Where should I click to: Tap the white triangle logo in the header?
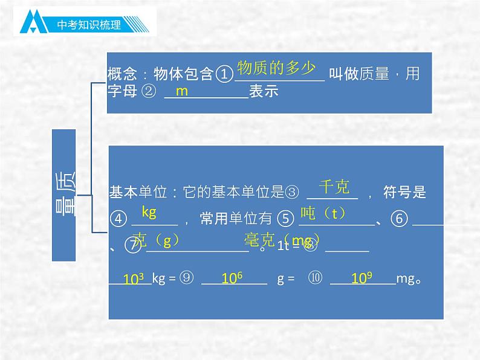(35, 23)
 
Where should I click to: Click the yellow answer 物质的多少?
(276, 67)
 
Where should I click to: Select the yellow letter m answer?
(182, 91)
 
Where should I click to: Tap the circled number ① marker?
(224, 75)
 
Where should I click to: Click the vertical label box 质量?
(64, 195)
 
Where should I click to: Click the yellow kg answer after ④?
(149, 212)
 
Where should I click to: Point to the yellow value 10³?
(133, 280)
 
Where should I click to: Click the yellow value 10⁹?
(361, 278)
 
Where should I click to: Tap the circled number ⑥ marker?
(400, 219)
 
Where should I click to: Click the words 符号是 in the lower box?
(405, 193)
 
